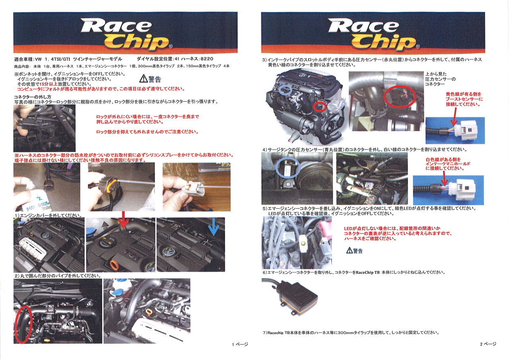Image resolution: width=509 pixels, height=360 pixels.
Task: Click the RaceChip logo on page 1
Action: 125,34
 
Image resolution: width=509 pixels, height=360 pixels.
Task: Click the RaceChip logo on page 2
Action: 373,34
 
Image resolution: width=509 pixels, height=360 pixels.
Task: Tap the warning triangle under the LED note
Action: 349,251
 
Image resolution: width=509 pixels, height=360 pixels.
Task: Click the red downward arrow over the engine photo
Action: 124,220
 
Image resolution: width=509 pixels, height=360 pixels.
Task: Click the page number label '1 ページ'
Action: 240,344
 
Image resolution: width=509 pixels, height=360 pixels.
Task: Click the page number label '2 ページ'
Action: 488,344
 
